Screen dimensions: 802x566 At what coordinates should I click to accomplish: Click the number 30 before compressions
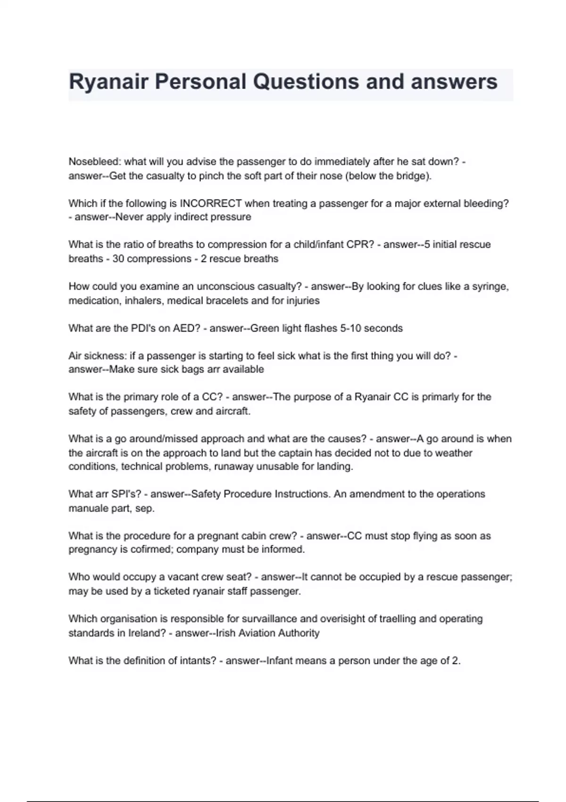click(x=118, y=259)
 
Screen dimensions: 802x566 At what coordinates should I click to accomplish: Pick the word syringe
click(x=491, y=286)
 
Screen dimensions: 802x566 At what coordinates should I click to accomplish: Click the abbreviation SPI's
click(x=125, y=494)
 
